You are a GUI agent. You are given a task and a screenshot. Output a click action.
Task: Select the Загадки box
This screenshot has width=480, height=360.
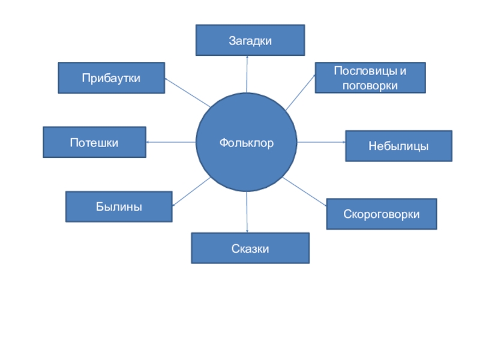[x=250, y=40]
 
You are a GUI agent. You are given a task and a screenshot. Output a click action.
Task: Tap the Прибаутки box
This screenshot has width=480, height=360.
[x=111, y=78]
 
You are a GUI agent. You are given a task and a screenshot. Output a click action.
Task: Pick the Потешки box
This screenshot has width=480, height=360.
[x=94, y=142]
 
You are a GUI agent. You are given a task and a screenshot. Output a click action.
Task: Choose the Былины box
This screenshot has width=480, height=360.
[x=119, y=207]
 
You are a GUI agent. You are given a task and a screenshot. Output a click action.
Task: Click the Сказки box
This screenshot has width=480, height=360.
[x=250, y=248]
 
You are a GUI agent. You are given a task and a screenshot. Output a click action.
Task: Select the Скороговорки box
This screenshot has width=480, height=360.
[x=382, y=214]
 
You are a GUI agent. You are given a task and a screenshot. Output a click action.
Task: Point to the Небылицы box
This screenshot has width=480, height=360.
[x=398, y=146]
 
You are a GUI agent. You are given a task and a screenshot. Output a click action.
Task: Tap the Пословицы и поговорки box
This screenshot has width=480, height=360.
[x=370, y=78]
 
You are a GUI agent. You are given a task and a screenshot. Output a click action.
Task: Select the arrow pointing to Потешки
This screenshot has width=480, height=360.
[x=171, y=142]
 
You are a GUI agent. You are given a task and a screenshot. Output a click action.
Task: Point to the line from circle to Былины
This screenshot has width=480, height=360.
[x=191, y=193]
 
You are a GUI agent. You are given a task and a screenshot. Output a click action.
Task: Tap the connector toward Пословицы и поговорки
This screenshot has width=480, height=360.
[x=300, y=93]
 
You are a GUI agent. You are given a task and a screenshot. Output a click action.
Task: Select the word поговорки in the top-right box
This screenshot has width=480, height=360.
[x=370, y=85]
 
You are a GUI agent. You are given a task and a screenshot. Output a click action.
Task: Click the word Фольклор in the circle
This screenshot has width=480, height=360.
[x=247, y=143]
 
